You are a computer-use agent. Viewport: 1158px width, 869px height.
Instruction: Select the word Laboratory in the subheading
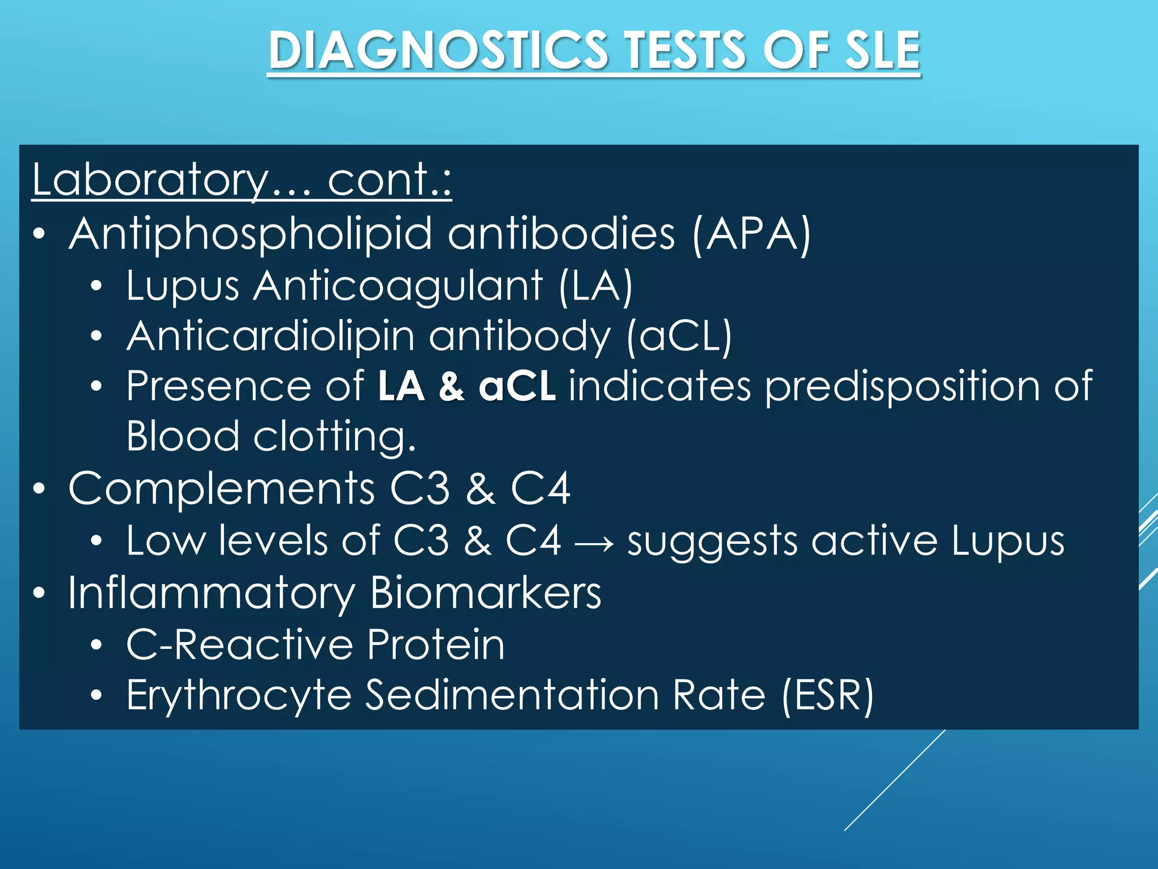tap(150, 180)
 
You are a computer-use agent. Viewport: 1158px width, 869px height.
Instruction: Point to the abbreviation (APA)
tap(752, 234)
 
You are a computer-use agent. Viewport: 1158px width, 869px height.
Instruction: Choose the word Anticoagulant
tap(398, 286)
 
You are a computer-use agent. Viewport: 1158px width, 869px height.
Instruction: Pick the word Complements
tap(221, 489)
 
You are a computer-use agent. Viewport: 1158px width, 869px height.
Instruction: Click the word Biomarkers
tap(486, 593)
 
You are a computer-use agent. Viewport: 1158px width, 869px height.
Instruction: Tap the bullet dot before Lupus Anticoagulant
tap(97, 287)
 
